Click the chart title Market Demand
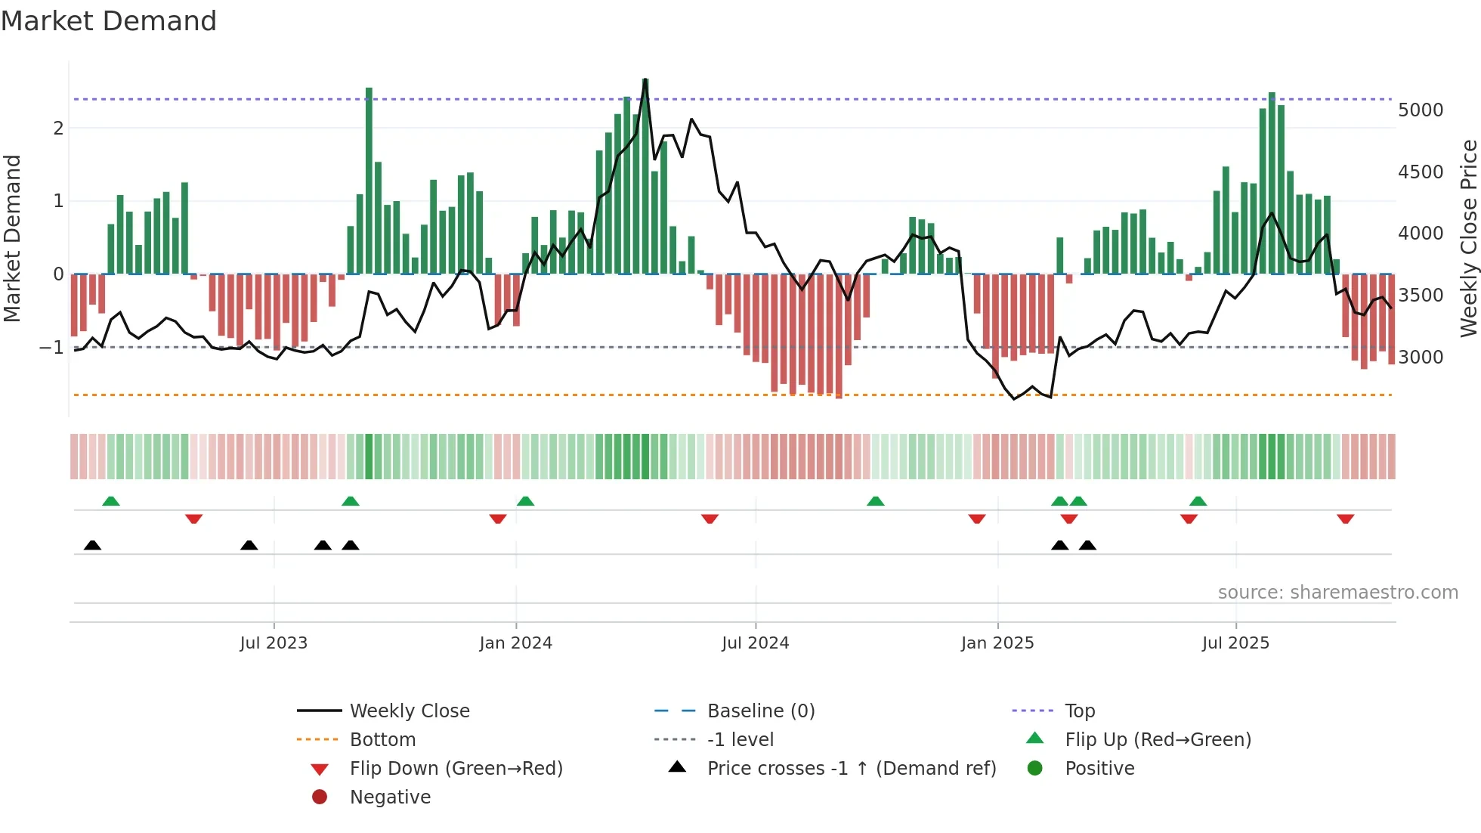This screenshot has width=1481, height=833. [109, 21]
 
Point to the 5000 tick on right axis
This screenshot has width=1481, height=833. [1420, 110]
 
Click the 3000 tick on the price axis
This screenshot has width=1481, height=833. [1420, 357]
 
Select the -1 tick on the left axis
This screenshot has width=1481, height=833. [52, 348]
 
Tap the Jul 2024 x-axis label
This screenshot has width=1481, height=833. [755, 643]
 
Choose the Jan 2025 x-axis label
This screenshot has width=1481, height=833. [997, 643]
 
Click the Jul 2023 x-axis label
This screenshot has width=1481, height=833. [274, 643]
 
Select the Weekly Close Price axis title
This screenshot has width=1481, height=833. [1468, 238]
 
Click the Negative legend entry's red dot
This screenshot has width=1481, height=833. [320, 797]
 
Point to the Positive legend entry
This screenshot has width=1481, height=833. [1099, 769]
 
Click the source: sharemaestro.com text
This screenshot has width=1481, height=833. [1337, 593]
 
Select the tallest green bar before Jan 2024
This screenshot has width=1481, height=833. [369, 181]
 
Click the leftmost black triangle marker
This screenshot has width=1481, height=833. [92, 546]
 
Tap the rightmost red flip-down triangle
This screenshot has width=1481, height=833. [1345, 519]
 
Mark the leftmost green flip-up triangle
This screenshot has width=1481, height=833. [111, 501]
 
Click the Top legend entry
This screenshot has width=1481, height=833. [1079, 711]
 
